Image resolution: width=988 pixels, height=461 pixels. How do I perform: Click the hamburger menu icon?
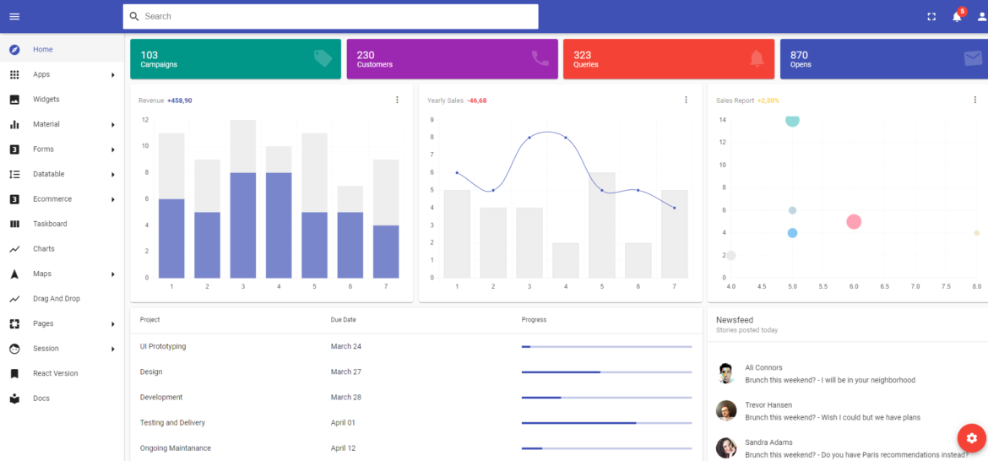[14, 17]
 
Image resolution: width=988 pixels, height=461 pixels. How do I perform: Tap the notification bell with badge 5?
[957, 16]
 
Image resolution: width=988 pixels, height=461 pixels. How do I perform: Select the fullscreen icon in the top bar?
[931, 17]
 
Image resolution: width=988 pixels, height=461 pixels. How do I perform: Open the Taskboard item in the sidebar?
[50, 224]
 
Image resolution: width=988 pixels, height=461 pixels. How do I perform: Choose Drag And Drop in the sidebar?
[56, 299]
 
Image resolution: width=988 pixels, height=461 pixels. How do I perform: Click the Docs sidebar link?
[41, 399]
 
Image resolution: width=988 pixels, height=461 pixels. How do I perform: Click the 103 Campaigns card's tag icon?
[323, 58]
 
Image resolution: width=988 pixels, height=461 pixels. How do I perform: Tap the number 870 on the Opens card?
[799, 55]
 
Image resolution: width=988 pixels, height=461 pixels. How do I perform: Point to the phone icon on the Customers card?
[540, 58]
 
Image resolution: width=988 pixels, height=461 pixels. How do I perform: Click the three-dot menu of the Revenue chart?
[397, 100]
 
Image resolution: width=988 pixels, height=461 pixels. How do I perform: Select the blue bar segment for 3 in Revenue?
[243, 225]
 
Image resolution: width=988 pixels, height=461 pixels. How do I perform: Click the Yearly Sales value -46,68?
[477, 100]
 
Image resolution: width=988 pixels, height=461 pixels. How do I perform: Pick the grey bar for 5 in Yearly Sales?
[602, 225]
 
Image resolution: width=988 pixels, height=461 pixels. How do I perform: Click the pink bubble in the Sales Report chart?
[854, 222]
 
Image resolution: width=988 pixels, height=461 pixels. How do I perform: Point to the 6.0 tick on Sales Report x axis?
[854, 287]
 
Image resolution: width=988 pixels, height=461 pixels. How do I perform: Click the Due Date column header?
[343, 320]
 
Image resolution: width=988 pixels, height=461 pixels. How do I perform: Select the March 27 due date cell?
[346, 372]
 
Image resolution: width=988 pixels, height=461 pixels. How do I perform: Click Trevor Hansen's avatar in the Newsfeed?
[725, 411]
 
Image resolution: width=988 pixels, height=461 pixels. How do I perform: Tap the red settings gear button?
[971, 438]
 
